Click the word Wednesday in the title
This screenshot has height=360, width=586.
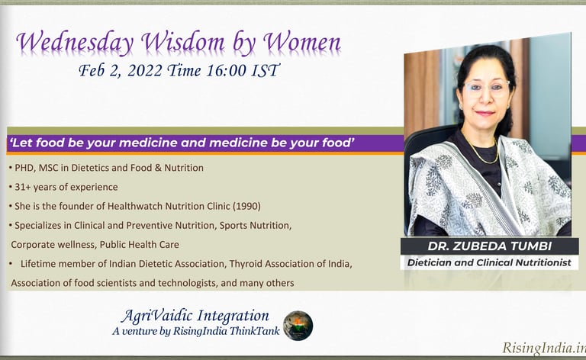point(72,43)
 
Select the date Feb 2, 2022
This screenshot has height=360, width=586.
point(119,72)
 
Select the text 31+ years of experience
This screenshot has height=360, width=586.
point(61,186)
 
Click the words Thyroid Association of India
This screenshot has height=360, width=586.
point(295,264)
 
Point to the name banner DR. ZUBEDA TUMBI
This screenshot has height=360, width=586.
point(488,246)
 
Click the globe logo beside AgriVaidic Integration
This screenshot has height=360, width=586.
point(298,325)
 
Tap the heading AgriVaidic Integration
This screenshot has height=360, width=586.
point(195,316)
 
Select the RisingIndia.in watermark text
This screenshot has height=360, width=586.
point(543,349)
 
